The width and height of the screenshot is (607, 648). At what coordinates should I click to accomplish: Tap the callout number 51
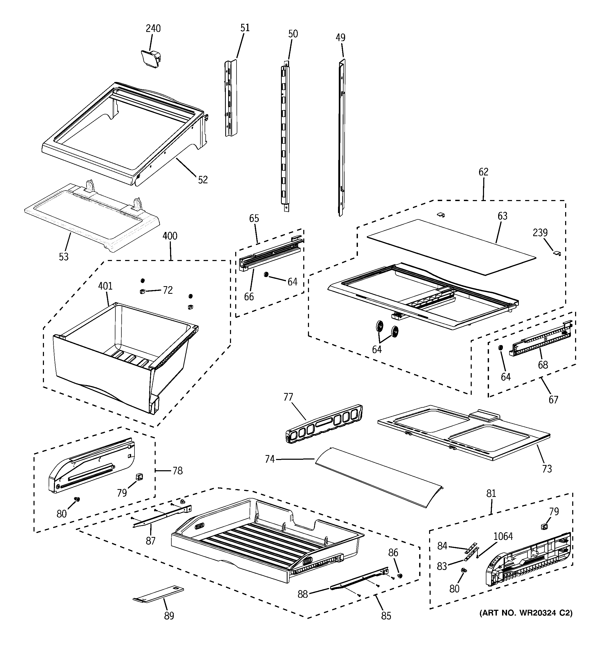[245, 28]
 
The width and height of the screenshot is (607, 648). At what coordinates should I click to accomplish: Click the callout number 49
[340, 37]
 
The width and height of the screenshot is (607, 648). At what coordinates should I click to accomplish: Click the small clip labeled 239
[557, 253]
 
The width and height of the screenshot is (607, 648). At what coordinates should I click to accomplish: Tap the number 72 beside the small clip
[167, 290]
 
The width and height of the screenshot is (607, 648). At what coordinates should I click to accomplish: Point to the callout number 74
[270, 459]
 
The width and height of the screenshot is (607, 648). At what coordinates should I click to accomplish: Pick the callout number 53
[64, 257]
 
